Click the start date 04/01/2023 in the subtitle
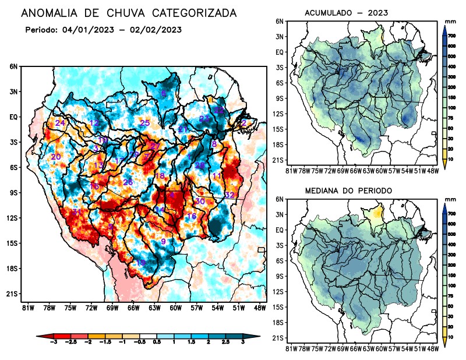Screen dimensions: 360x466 (87, 29)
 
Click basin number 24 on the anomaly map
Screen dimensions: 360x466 (60, 123)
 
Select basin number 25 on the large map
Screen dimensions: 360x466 (145, 122)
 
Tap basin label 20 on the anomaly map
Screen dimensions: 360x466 (56, 157)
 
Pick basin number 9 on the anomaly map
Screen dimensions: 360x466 (163, 241)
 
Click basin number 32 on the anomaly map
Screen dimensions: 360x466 (230, 195)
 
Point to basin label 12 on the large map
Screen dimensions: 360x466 (94, 122)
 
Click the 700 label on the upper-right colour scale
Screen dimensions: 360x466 (451, 36)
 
